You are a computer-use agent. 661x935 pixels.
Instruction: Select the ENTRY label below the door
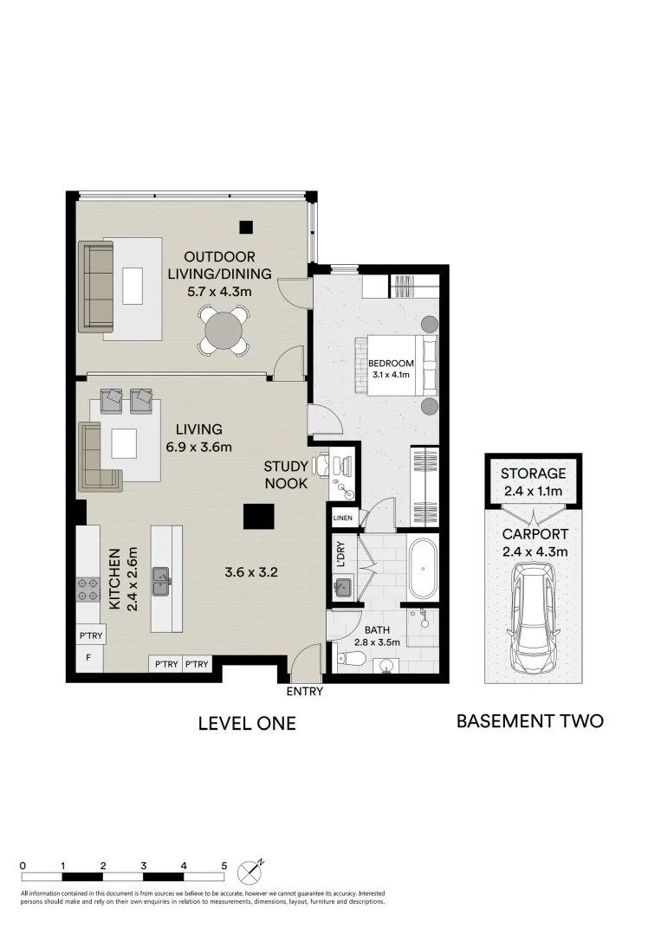tap(304, 692)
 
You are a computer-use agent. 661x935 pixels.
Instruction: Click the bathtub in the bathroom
tap(424, 570)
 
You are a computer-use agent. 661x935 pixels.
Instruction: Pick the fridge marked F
tap(87, 658)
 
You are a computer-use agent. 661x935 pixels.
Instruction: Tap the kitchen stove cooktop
tap(87, 589)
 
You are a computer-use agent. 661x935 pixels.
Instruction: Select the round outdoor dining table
tap(224, 330)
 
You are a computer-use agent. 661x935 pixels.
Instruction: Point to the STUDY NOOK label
tap(286, 475)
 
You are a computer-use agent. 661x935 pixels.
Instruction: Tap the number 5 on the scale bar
tap(224, 865)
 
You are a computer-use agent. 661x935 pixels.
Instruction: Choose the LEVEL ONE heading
tap(247, 724)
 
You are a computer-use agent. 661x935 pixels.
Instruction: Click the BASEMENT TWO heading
tap(529, 720)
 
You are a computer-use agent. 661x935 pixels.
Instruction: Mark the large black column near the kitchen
tap(258, 516)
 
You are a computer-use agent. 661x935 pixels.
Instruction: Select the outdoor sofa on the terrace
tap(97, 287)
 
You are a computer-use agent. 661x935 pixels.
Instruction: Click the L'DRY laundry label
tap(341, 555)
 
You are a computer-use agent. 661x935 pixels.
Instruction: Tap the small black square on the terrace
tap(246, 228)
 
